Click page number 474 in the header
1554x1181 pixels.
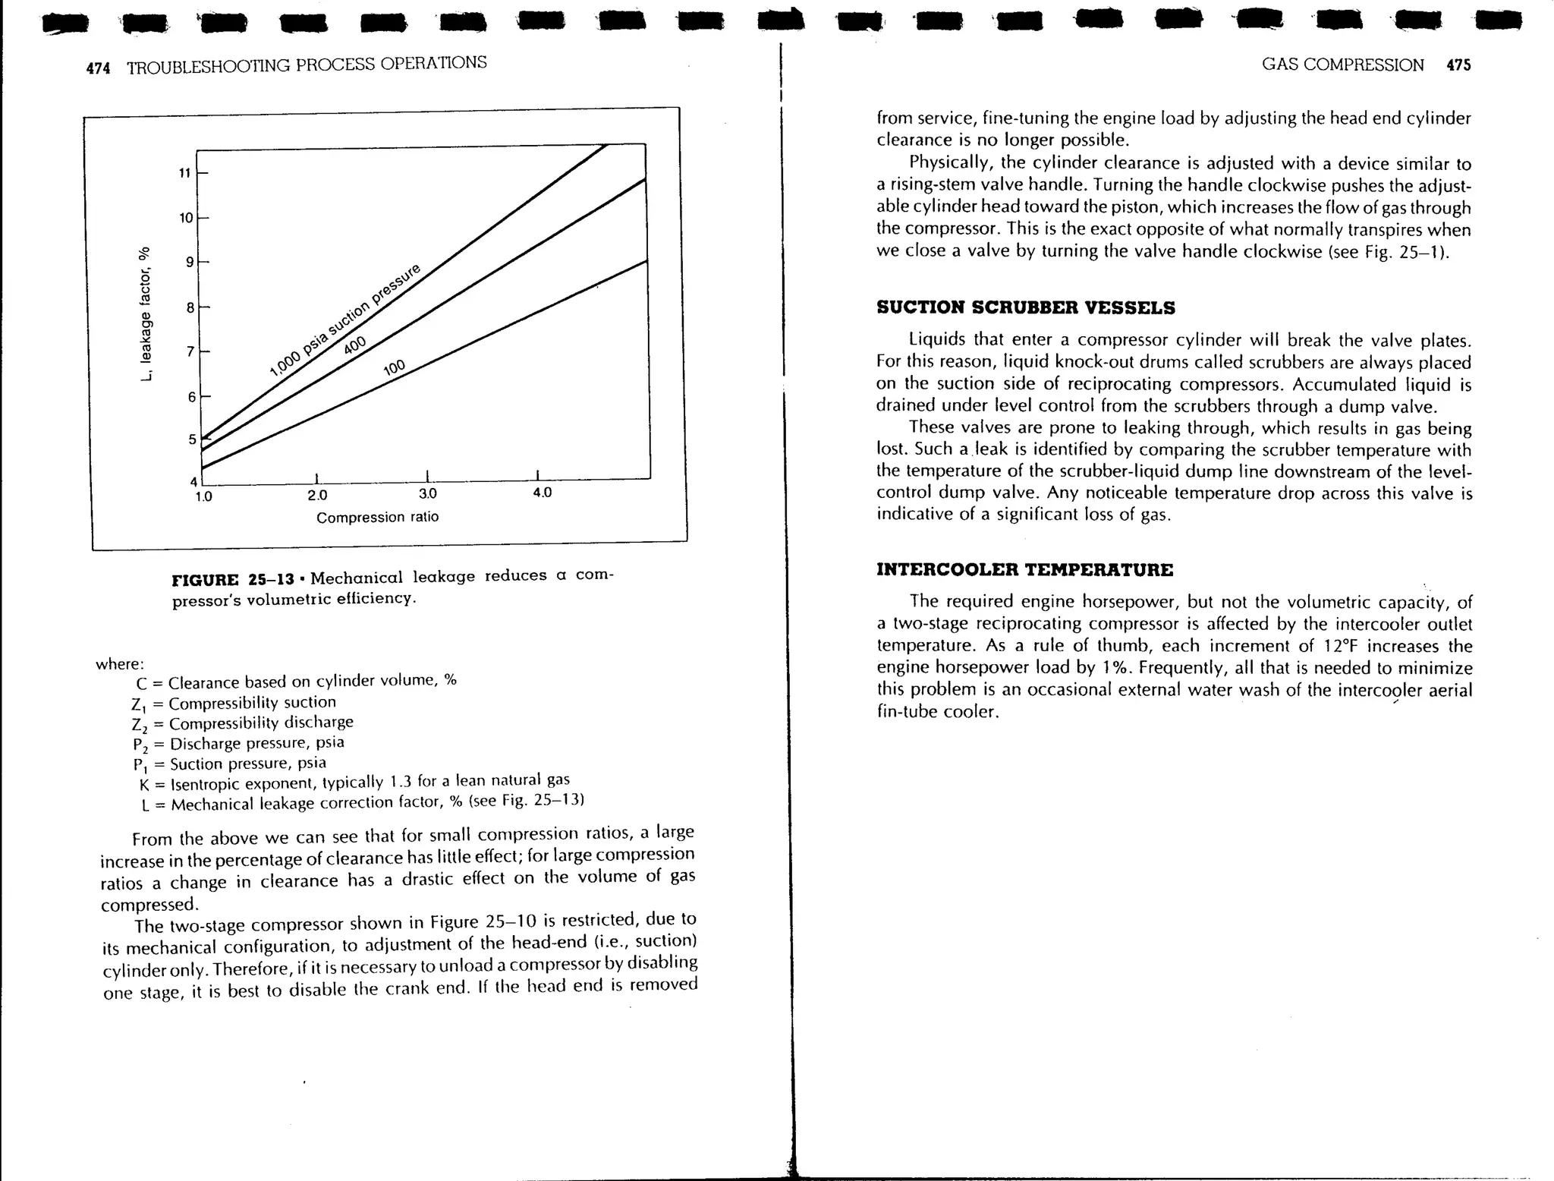pos(98,68)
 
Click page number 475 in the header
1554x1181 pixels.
pos(1458,65)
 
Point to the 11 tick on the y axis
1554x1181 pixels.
pos(184,173)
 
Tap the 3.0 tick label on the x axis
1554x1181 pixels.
pos(428,494)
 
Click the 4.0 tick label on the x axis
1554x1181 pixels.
pos(542,493)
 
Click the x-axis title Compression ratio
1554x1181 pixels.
pos(377,518)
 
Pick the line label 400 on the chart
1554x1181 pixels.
pos(354,345)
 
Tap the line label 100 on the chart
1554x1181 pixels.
pos(395,368)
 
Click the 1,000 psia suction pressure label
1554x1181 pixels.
pos(344,320)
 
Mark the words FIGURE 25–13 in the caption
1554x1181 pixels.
pos(233,580)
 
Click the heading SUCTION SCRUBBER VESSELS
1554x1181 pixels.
pos(1025,307)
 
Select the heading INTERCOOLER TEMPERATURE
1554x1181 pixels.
pos(1024,569)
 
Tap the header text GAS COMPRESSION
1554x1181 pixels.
pos(1342,65)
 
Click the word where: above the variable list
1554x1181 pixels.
pos(120,664)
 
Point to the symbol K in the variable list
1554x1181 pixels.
pos(144,786)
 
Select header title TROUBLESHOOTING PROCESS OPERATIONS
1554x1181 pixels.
pos(307,65)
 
